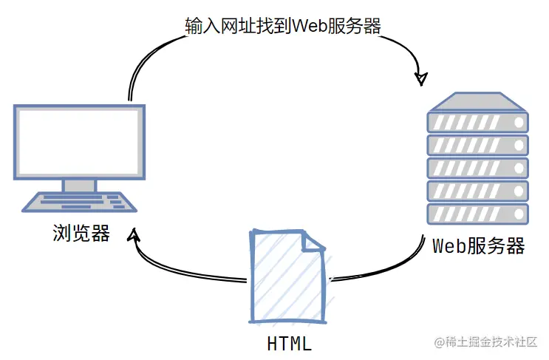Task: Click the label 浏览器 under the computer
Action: coord(81,233)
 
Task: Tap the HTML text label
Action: coord(289,344)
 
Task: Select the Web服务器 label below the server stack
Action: coord(478,245)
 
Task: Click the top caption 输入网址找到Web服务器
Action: coord(283,26)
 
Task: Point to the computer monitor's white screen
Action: coord(79,142)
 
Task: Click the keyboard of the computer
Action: coord(80,202)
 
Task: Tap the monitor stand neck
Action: coord(80,186)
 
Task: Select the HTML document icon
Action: coord(288,276)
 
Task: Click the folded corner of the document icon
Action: coord(313,241)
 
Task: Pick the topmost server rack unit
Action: coord(477,123)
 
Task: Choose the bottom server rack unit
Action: coord(477,214)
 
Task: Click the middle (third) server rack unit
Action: coord(477,168)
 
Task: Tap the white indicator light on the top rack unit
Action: coord(519,123)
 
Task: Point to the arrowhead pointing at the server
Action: coord(421,79)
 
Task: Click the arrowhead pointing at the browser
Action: coord(134,234)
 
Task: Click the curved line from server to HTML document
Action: coord(389,268)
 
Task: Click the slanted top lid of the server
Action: coord(477,101)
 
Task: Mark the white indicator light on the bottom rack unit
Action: coord(519,214)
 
